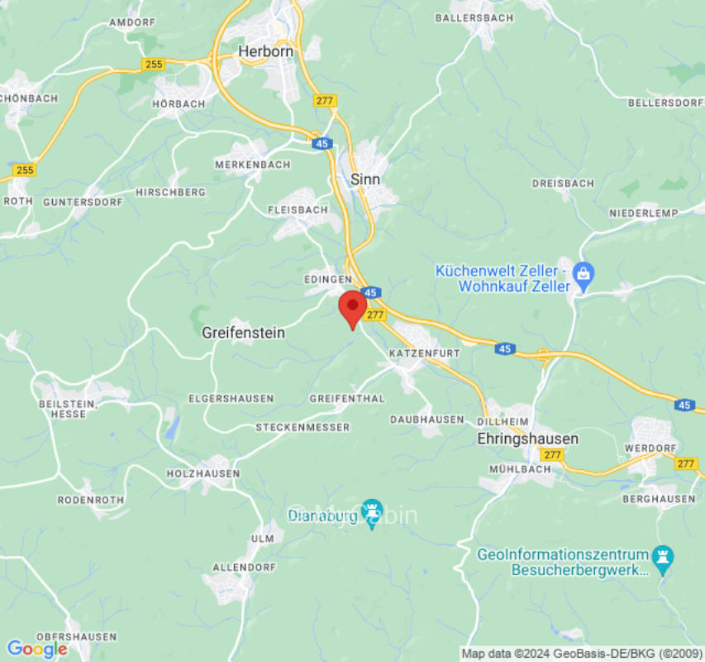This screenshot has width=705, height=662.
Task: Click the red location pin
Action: [x=353, y=308]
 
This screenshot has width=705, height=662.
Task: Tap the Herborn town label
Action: [x=265, y=51]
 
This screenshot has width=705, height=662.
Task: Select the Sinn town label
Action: [x=365, y=179]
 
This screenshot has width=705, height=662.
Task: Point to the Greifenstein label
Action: [x=243, y=333]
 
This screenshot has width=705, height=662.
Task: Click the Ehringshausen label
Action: [x=527, y=439]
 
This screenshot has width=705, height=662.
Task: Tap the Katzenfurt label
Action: [x=423, y=353]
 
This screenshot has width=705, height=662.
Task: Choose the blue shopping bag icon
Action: [x=584, y=274]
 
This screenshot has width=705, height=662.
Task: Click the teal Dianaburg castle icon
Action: [x=371, y=511]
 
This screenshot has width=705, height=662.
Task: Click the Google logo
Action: [x=36, y=649]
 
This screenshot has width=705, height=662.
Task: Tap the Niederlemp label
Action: [x=644, y=213]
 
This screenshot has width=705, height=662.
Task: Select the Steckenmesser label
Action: [x=302, y=427]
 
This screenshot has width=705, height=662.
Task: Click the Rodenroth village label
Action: [x=90, y=500]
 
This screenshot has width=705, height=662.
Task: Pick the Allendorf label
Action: [x=243, y=567]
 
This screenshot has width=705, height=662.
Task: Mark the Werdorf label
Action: [x=651, y=447]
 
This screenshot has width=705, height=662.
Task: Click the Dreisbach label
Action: [x=563, y=183]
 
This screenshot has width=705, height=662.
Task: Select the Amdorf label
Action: [x=131, y=22]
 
